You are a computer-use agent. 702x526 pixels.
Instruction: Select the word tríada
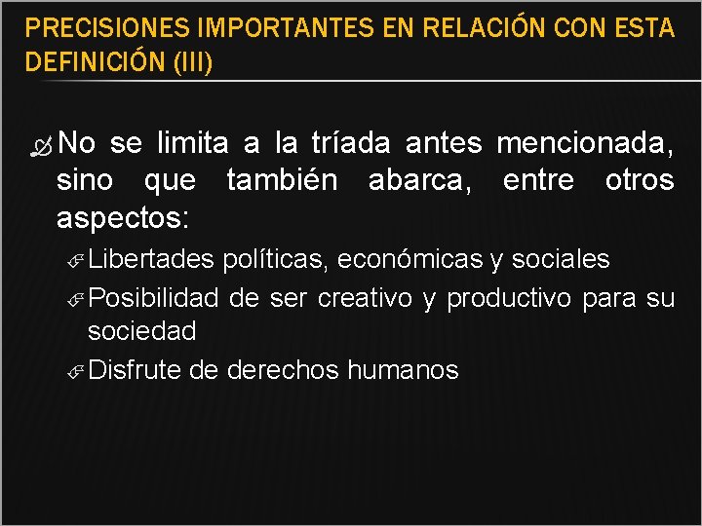coord(352,144)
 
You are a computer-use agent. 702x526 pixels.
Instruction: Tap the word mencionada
coord(584,144)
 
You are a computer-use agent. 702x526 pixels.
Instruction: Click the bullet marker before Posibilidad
coord(80,297)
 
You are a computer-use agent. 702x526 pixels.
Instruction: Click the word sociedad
coord(141,331)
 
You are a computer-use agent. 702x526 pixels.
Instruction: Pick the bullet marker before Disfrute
coord(80,371)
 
